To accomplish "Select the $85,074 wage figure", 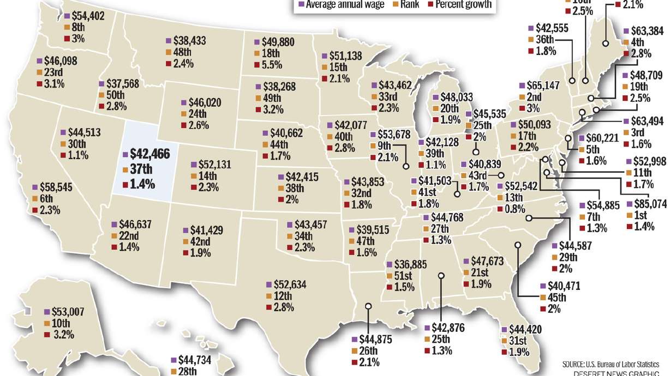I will pos(650,204).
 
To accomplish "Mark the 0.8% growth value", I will pos(513,209).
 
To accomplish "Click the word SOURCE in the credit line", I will pos(577,363).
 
